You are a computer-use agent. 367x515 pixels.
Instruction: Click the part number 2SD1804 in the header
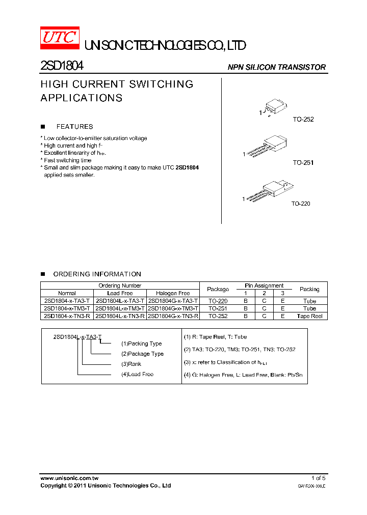(62, 66)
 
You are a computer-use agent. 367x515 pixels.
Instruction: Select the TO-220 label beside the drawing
(301, 204)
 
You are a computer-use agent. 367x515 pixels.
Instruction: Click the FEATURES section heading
(74, 127)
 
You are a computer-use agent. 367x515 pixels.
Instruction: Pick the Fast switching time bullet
(67, 160)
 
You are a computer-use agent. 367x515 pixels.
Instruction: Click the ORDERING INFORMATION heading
(97, 274)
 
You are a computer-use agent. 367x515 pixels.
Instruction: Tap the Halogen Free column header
(173, 293)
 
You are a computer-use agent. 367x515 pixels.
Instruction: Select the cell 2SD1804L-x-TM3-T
(120, 308)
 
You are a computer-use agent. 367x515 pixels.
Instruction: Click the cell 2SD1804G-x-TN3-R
(173, 316)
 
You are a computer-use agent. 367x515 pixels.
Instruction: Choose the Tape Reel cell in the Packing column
(309, 316)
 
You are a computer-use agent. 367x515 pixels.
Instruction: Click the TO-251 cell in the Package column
(218, 308)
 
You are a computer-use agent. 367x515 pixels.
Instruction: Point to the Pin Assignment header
(264, 286)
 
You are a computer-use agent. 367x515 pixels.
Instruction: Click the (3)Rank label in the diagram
(132, 364)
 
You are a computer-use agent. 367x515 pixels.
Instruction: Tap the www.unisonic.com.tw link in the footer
(69, 478)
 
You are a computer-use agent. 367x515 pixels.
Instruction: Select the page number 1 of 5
(318, 478)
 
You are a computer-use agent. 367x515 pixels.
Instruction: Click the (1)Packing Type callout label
(141, 344)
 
